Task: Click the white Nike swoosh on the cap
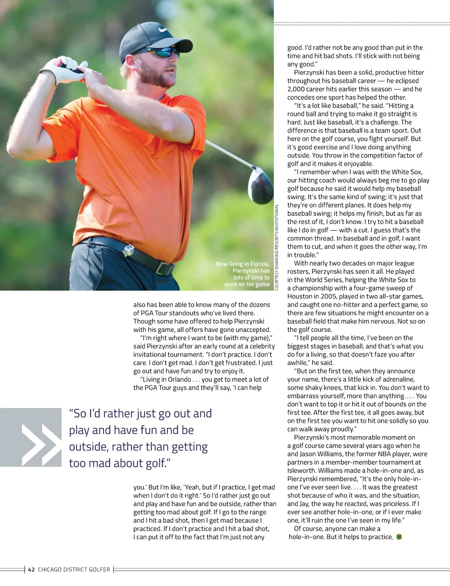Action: [x=163, y=30]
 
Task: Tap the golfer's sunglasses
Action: [x=163, y=52]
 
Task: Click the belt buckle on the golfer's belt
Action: [x=164, y=268]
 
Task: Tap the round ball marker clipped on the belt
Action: [x=128, y=250]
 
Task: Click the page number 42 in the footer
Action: [x=31, y=569]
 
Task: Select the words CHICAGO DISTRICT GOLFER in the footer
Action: [x=74, y=569]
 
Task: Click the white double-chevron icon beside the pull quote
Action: [x=41, y=444]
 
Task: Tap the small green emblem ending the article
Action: [x=399, y=537]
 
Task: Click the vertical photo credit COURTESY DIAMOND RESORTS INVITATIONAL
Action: [x=277, y=247]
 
